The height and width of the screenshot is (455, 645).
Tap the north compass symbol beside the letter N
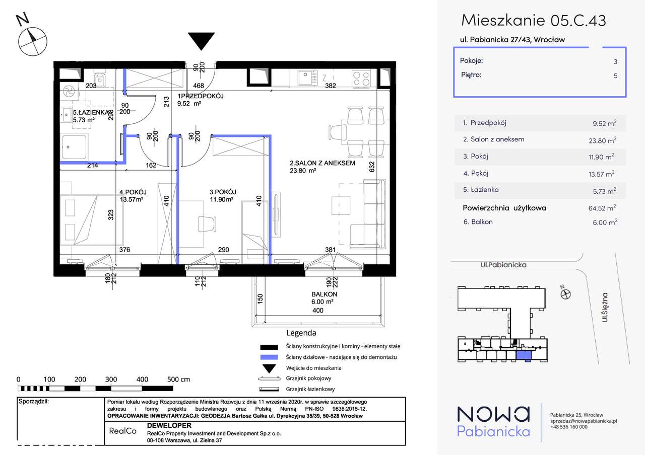pyautogui.click(x=33, y=42)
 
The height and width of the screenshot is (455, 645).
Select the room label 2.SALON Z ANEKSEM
pyautogui.click(x=322, y=163)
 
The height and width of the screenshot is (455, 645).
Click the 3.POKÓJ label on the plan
pyautogui.click(x=223, y=192)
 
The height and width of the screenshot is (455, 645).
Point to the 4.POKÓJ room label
pyautogui.click(x=133, y=192)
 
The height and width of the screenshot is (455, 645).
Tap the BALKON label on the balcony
pyautogui.click(x=324, y=294)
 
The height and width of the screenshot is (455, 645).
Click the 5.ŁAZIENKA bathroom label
pyautogui.click(x=91, y=112)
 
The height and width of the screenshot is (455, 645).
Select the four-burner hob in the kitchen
pyautogui.click(x=361, y=78)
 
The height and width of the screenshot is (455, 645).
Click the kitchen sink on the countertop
pyautogui.click(x=307, y=78)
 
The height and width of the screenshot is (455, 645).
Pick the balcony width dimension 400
pyautogui.click(x=317, y=311)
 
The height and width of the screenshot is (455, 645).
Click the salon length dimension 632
pyautogui.click(x=372, y=167)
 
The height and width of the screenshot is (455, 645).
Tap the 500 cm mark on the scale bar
pyautogui.click(x=178, y=380)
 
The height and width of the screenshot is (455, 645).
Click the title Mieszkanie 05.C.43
pyautogui.click(x=534, y=20)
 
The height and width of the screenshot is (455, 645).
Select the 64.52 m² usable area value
pyautogui.click(x=602, y=208)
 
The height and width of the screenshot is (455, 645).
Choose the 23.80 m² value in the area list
pyautogui.click(x=602, y=140)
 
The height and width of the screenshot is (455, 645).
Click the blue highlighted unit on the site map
pyautogui.click(x=524, y=356)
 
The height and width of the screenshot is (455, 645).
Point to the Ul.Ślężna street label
pyautogui.click(x=605, y=308)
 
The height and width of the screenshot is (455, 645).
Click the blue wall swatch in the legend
pyautogui.click(x=269, y=357)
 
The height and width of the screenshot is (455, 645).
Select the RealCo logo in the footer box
pyautogui.click(x=122, y=431)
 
